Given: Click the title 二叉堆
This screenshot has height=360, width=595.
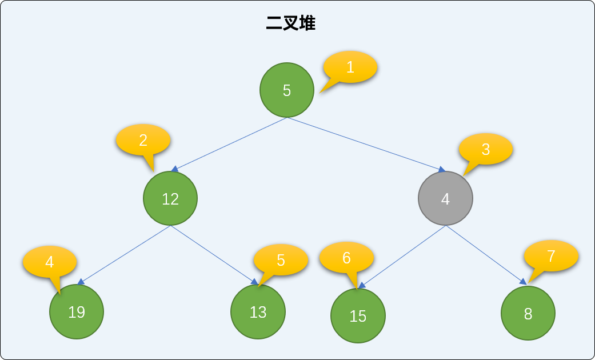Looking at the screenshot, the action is [x=291, y=23].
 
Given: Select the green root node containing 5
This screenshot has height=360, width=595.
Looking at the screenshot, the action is [x=287, y=90].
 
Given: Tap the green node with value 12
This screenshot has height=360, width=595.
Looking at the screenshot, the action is [x=170, y=198].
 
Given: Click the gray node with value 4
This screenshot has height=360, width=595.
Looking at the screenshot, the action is [x=445, y=198].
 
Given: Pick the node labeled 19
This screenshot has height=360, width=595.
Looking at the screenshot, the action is [x=76, y=311].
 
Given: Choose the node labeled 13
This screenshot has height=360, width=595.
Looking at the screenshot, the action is [x=258, y=311].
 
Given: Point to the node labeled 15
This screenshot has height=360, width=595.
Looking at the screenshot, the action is [x=358, y=315].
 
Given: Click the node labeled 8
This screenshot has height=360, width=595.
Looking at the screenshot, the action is [x=528, y=313].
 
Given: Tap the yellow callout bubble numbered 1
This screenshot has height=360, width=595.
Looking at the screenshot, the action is [x=350, y=67].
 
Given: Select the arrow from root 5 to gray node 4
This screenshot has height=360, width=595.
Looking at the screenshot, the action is [x=366, y=145].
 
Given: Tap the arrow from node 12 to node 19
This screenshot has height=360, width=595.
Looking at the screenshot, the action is [x=123, y=255].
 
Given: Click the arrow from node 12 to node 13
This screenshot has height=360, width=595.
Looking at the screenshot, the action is [x=214, y=255].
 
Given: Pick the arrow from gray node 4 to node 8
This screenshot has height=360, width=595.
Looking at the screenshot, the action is [x=486, y=255].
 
